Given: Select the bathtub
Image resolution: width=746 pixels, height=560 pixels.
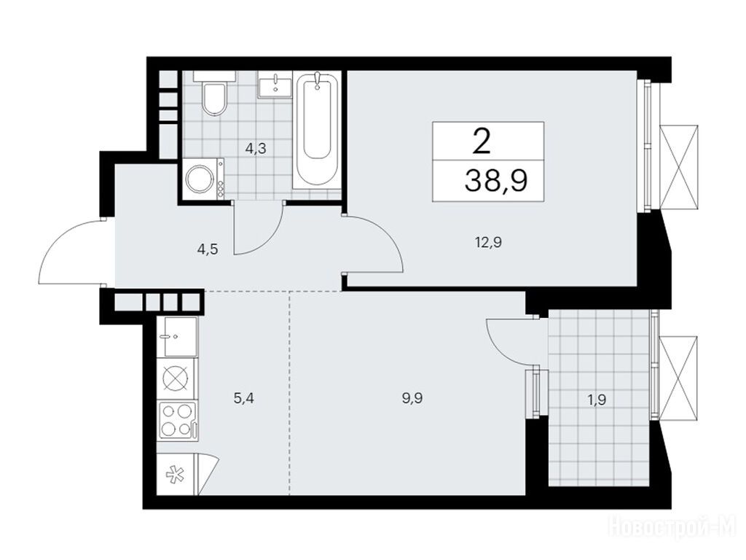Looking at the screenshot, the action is (318, 130).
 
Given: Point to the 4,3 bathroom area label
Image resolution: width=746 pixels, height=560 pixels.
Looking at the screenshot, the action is (256, 149).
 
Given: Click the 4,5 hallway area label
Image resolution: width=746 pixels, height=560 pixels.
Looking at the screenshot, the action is (207, 249).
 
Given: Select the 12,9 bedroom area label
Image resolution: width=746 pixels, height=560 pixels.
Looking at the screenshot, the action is (487, 242).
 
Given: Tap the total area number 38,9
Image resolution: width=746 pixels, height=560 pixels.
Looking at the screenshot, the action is (496, 181).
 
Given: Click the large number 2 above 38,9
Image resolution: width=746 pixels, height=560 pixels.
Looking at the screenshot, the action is (482, 141).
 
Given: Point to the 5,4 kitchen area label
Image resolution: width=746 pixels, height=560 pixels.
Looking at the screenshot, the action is (243, 397).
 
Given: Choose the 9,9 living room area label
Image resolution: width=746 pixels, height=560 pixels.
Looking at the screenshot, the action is (412, 397).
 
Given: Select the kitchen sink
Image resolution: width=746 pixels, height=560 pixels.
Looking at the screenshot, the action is (176, 337).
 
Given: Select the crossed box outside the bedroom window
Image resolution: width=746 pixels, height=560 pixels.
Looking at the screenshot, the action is (681, 167).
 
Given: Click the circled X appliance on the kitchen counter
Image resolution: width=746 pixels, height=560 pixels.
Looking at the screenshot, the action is (176, 379).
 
